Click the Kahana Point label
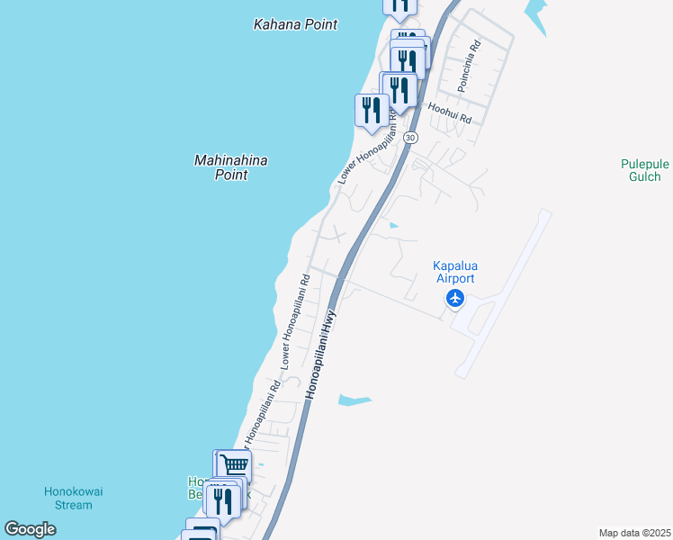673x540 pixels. coord(295,24)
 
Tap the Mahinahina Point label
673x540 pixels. coord(231,167)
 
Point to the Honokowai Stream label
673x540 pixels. coord(68,498)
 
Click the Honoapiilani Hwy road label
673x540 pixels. coord(321,354)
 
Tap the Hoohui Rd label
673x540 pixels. coord(450,112)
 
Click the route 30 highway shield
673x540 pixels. coord(410,137)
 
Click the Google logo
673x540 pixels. coord(31,529)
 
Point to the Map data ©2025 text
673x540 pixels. coord(634,533)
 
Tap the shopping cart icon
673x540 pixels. coord(235,465)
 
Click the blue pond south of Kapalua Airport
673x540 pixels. coord(354,399)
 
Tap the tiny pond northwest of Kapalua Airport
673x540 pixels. coord(392,225)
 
